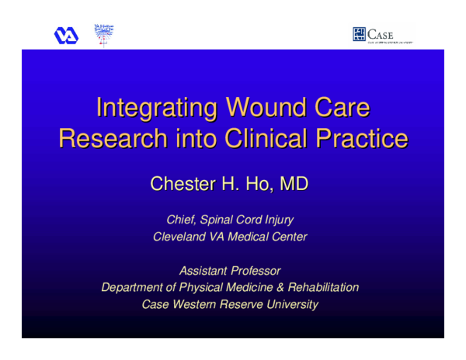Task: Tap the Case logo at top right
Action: coord(383,35)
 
